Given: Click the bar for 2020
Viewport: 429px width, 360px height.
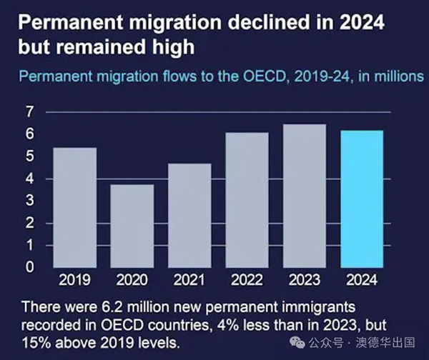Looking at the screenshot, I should [132, 226].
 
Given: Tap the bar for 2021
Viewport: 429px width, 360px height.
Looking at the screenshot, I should [189, 215].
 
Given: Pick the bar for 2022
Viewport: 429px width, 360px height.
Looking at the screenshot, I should [247, 199].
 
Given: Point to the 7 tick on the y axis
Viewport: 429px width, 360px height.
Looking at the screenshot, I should [30, 111].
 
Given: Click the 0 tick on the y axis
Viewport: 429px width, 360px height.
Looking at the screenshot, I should [30, 266].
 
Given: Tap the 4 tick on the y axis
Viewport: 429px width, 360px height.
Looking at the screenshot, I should [30, 178].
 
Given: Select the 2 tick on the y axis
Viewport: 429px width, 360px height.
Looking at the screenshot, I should [30, 222].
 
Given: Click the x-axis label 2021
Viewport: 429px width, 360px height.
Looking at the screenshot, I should [189, 279].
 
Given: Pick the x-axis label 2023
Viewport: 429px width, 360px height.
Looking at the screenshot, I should [305, 279].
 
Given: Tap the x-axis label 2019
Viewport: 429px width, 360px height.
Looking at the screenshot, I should [75, 279].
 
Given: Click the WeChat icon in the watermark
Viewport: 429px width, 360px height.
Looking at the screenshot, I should [298, 345].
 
